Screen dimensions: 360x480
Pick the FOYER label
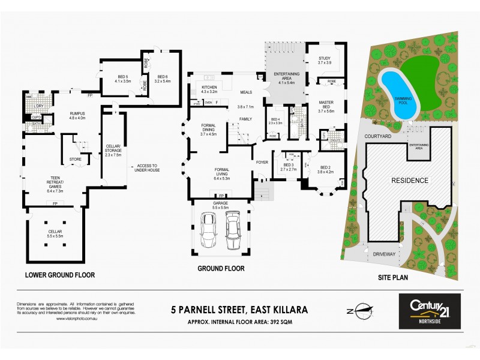(x=262, y=162)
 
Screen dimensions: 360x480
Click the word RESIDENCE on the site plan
(x=410, y=180)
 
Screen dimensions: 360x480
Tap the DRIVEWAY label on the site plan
(x=384, y=254)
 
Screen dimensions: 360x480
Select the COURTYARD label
(x=378, y=137)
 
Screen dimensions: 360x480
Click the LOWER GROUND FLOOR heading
(x=60, y=275)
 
